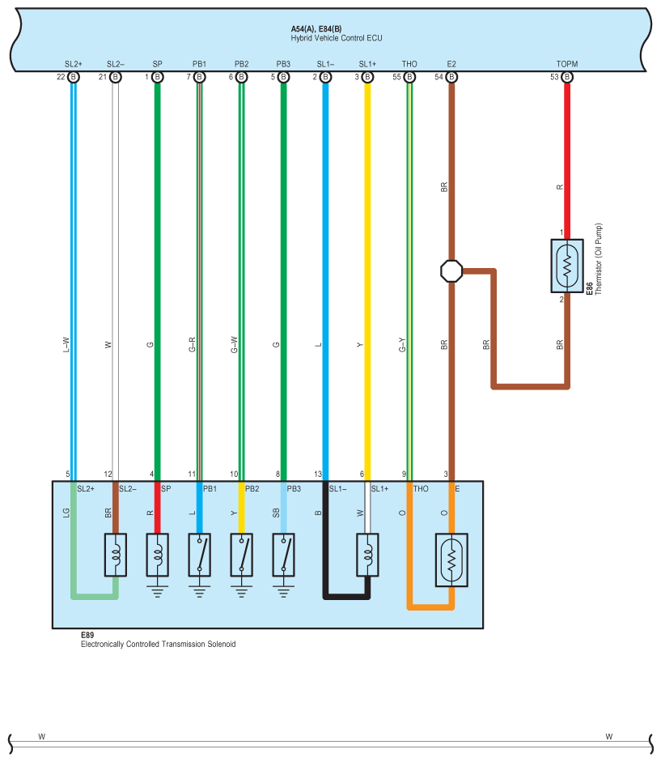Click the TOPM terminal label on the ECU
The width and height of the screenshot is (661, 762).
click(x=567, y=64)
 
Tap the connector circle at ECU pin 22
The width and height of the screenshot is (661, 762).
click(x=74, y=77)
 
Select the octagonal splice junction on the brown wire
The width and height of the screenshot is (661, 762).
click(x=451, y=270)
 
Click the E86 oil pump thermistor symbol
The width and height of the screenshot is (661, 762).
click(x=567, y=266)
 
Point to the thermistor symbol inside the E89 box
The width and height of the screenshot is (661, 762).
click(x=451, y=560)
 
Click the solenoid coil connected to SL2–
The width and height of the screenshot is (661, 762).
click(x=116, y=555)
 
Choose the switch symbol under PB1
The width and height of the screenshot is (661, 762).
click(x=200, y=555)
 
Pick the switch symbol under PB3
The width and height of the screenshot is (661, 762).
click(x=284, y=555)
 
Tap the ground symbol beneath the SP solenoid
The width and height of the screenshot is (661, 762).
click(x=157, y=591)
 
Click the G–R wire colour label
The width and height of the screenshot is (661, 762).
click(x=192, y=344)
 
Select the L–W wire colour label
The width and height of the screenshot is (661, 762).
click(x=66, y=344)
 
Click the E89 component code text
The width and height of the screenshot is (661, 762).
click(x=87, y=635)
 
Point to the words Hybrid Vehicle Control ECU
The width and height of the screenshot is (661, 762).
click(x=337, y=38)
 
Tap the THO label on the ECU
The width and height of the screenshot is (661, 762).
click(x=409, y=64)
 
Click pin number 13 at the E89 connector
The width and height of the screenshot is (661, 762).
click(x=318, y=474)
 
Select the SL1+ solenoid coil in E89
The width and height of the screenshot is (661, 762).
click(x=367, y=555)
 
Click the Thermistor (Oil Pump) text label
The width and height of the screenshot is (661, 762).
click(x=599, y=259)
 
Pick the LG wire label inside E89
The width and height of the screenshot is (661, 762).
click(x=66, y=513)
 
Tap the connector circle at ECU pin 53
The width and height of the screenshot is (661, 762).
click(x=567, y=77)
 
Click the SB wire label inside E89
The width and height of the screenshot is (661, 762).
click(x=276, y=513)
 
